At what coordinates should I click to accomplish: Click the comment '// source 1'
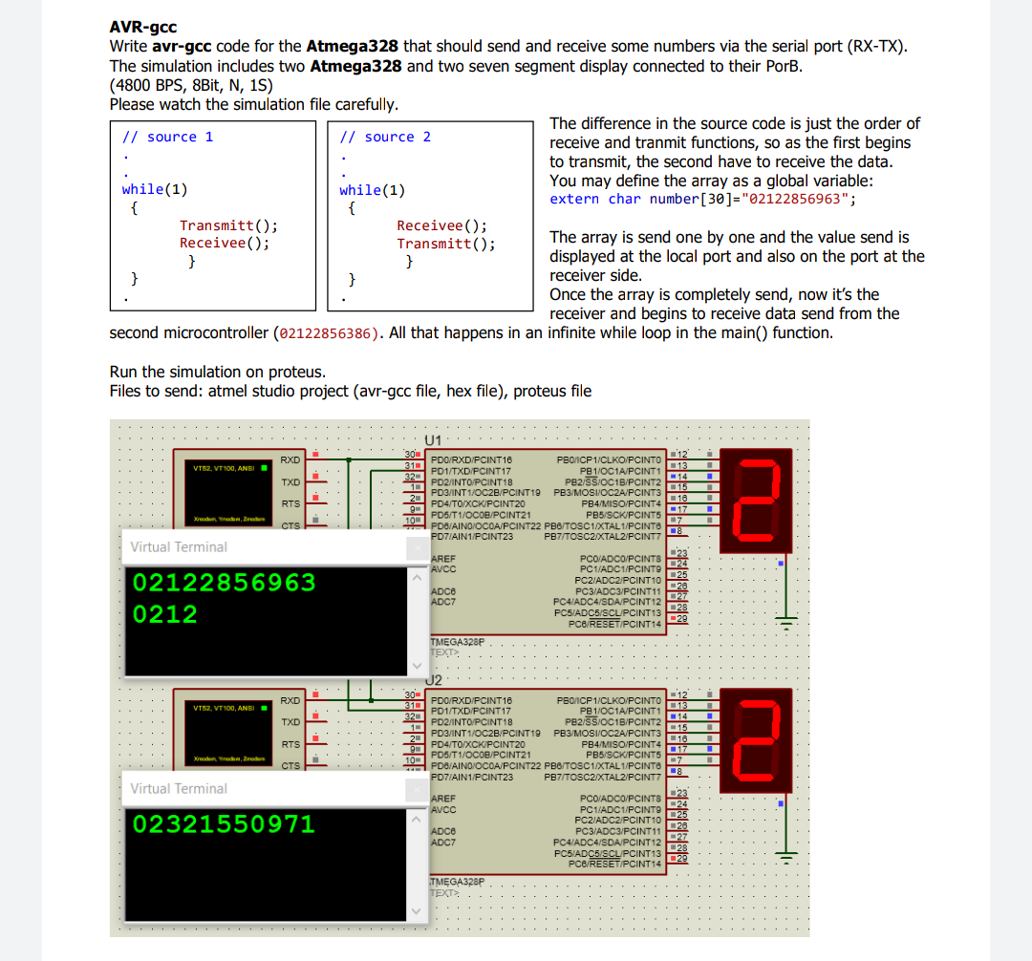coord(167,137)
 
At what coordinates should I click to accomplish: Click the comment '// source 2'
coord(385,137)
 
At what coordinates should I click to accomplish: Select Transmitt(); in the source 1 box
coord(228,225)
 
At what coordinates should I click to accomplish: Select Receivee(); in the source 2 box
coord(441,225)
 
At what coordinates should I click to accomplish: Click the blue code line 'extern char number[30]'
coord(702,199)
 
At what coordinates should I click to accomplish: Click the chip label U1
coord(433,440)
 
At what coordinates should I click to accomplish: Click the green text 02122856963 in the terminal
coord(224,583)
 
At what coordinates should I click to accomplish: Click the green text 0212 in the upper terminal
coord(165,614)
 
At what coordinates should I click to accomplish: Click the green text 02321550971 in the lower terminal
coord(224,823)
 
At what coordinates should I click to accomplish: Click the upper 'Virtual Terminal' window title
coord(179,547)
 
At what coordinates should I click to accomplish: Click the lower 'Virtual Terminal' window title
coord(179,789)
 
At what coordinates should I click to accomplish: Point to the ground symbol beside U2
coord(785,857)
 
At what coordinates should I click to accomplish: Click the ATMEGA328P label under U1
coord(458,642)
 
